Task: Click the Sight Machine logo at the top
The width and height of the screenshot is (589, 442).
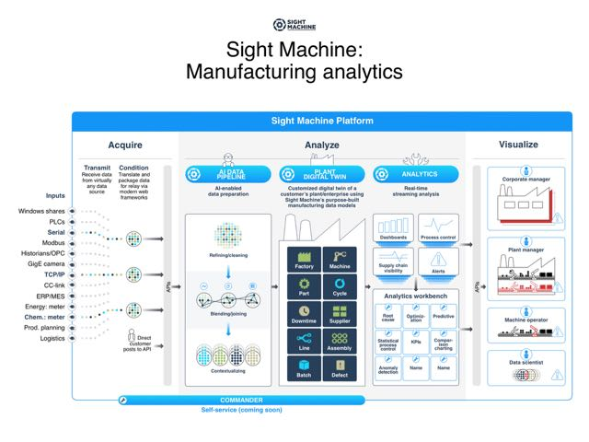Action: click(x=294, y=24)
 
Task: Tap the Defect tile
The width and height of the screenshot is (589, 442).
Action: click(x=340, y=368)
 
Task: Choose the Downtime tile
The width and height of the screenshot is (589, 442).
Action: click(x=305, y=313)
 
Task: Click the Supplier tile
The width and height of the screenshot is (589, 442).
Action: click(x=340, y=313)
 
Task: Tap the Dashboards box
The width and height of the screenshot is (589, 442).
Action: click(x=393, y=230)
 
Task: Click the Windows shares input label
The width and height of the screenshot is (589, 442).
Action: click(x=42, y=211)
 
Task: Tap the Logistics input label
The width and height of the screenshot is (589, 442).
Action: click(x=50, y=338)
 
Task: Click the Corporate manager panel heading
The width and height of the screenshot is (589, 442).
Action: click(x=526, y=179)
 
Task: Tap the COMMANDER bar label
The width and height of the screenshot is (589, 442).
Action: click(x=241, y=400)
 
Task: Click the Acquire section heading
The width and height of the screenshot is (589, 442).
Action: click(x=124, y=145)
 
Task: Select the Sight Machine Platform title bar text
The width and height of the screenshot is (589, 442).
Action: click(x=322, y=121)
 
